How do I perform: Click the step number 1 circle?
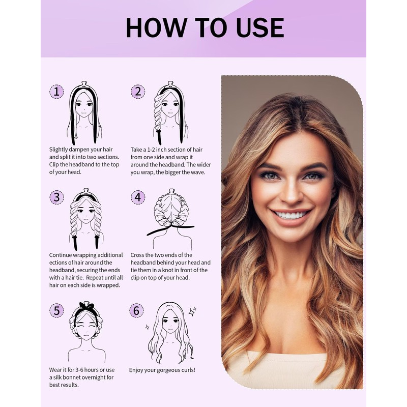coord(56,92)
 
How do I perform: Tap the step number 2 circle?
coord(137,92)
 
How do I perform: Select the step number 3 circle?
coord(56,197)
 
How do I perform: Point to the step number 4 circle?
coord(137,197)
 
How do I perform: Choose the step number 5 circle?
coord(56,310)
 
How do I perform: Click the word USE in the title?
coord(258,27)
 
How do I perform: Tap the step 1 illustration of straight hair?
coord(84,112)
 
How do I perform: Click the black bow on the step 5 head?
coord(86,307)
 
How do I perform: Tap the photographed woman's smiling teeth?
coord(292,215)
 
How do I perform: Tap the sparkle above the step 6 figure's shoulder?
coord(193,310)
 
